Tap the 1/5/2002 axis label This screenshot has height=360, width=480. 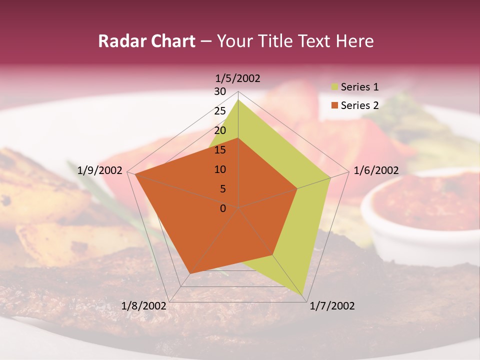pyautogui.click(x=238, y=78)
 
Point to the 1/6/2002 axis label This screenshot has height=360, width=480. pyautogui.click(x=376, y=170)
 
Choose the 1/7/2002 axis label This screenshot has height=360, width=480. pyautogui.click(x=332, y=306)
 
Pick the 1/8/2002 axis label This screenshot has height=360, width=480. pyautogui.click(x=144, y=306)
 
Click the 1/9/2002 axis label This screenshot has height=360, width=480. pyautogui.click(x=99, y=170)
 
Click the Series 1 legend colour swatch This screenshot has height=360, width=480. pyautogui.click(x=334, y=87)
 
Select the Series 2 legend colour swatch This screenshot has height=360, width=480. pyautogui.click(x=334, y=105)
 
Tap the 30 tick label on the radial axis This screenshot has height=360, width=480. pyautogui.click(x=220, y=91)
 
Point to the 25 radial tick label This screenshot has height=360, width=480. pyautogui.click(x=220, y=111)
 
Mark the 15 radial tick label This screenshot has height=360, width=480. pyautogui.click(x=220, y=150)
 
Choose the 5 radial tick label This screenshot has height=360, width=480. pyautogui.click(x=223, y=189)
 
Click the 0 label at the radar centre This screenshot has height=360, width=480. pyautogui.click(x=223, y=208)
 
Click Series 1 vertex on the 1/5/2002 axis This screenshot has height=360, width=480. pyautogui.click(x=238, y=99)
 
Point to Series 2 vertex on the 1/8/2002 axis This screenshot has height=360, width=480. pyautogui.click(x=190, y=273)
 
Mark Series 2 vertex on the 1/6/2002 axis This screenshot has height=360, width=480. pyautogui.click(x=297, y=188)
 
